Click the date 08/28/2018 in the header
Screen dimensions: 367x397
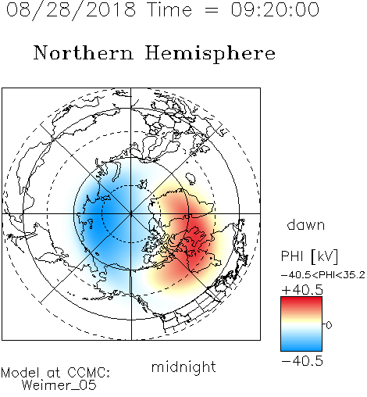[x=71, y=10]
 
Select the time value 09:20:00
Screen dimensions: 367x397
[x=275, y=9]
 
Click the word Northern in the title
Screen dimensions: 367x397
[x=84, y=52]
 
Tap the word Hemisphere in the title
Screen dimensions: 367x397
[x=210, y=54]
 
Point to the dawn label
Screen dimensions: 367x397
[x=306, y=225]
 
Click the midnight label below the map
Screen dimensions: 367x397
[x=183, y=367]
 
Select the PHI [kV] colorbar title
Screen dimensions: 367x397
[x=309, y=256]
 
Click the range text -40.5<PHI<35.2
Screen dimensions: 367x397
[x=322, y=275]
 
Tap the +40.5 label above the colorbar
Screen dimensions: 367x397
[x=302, y=290]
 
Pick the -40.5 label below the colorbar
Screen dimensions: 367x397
[x=302, y=361]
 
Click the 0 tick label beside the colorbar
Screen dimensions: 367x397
[x=329, y=325]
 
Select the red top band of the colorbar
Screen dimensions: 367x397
[x=301, y=302]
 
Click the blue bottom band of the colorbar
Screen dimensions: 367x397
[x=301, y=345]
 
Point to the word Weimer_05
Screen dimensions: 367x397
[x=59, y=385]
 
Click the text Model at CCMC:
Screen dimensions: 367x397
[x=55, y=373]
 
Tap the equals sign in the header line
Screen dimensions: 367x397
[x=211, y=10]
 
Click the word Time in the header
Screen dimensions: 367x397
[x=169, y=9]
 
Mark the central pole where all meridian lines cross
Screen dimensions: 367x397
[x=131, y=214]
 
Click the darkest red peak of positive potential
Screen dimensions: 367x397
[x=196, y=236]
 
